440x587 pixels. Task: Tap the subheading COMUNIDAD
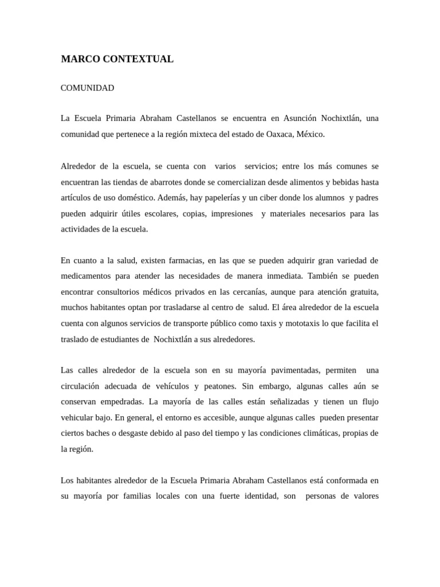87,88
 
